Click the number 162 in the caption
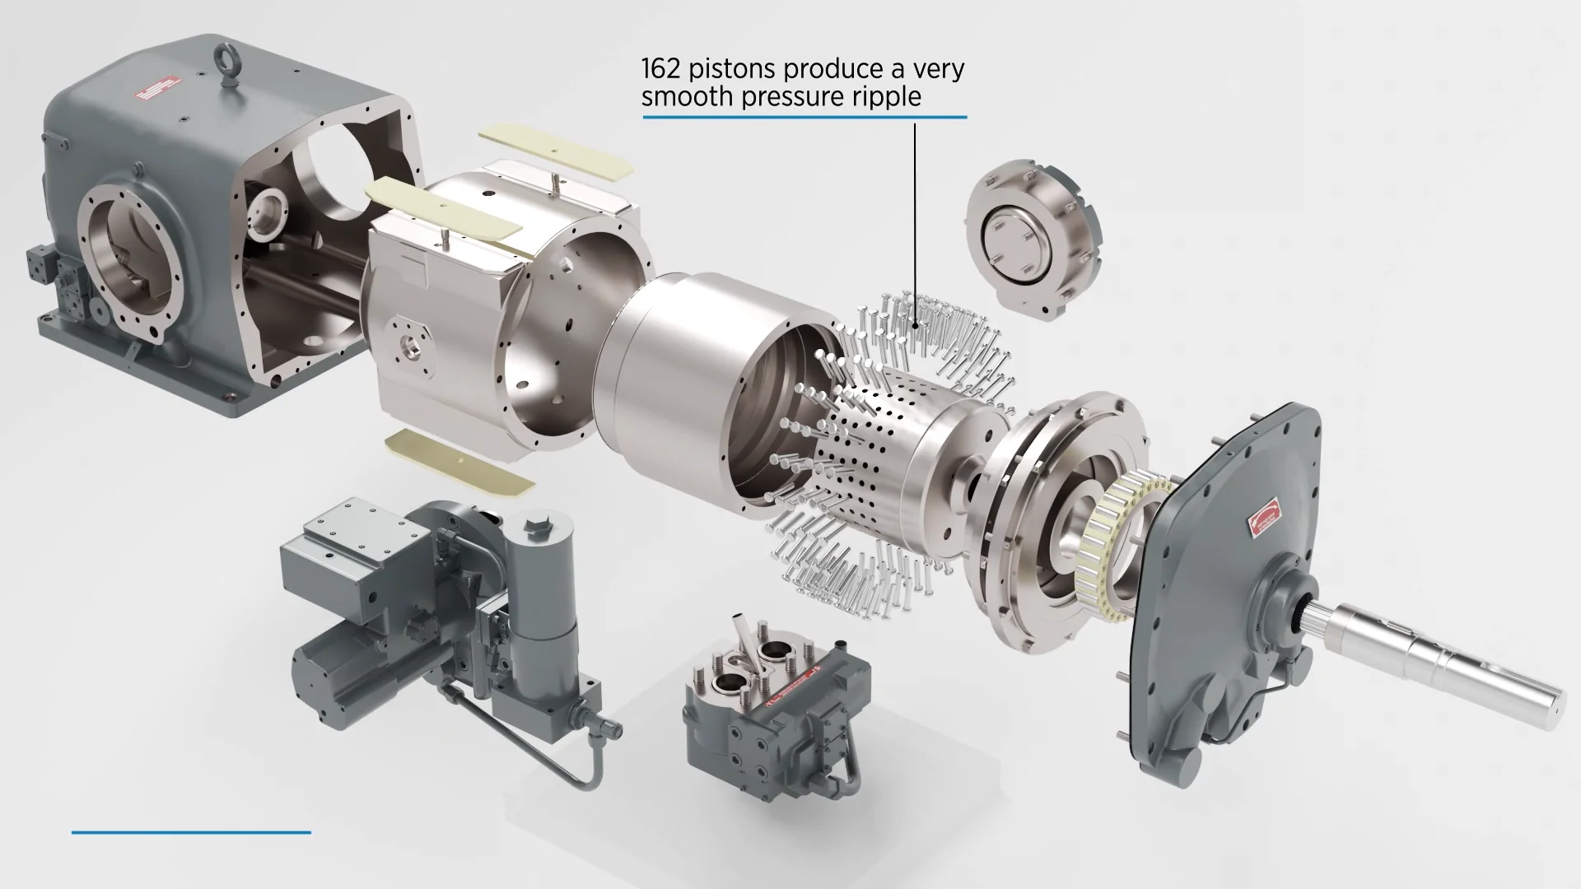pyautogui.click(x=659, y=68)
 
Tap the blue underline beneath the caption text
pyautogui.click(x=804, y=118)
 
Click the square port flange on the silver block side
pyautogui.click(x=409, y=347)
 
